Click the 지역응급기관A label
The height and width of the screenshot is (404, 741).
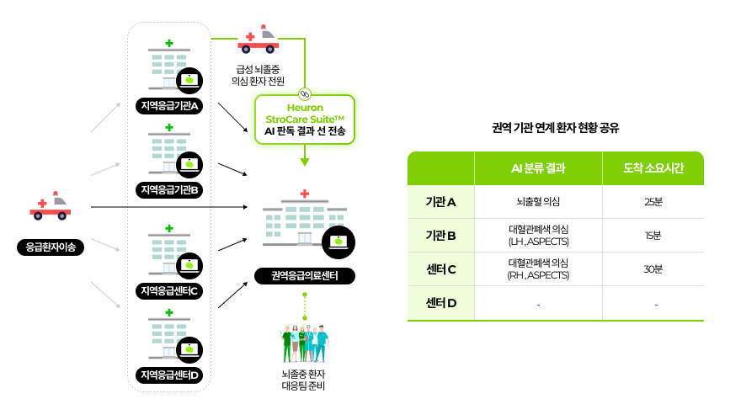pos(169,106)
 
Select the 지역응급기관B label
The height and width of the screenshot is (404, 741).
pos(169,190)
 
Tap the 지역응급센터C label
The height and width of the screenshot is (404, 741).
pos(169,290)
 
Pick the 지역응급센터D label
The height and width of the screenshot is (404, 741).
pos(169,375)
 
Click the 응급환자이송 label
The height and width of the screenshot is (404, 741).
pos(51,247)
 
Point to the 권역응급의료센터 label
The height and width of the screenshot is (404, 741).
pos(305,276)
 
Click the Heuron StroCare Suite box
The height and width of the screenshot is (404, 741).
pos(305,120)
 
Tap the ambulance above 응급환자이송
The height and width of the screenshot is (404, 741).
pos(50,206)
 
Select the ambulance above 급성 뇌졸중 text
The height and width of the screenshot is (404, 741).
pos(258,40)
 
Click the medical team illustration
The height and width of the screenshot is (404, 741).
pos(305,343)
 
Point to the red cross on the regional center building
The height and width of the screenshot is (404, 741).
pos(305,194)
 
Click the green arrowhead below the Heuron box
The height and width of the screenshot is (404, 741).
pos(305,162)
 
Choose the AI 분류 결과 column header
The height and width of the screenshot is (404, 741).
pos(538,168)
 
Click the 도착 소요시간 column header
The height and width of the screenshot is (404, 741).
pos(653,168)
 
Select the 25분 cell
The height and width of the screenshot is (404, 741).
pos(653,202)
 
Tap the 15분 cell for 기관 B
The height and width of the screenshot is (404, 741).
pos(653,236)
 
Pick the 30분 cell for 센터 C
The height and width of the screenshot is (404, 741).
pos(653,268)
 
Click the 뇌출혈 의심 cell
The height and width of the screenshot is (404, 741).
pos(538,202)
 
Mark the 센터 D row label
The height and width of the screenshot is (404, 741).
pos(441,303)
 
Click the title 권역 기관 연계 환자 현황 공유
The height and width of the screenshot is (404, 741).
pos(555,128)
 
